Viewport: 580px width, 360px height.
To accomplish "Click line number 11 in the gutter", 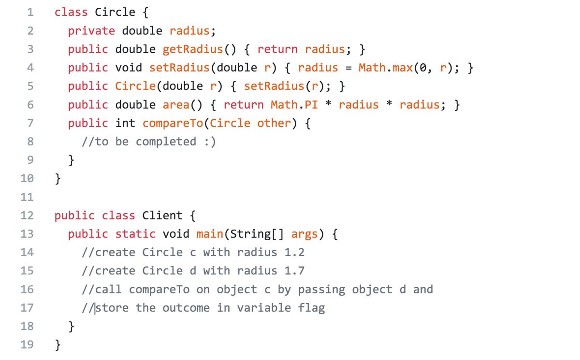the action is [x=27, y=197].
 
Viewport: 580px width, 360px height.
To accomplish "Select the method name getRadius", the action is [x=192, y=49].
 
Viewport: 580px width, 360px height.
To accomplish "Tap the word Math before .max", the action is [x=372, y=68].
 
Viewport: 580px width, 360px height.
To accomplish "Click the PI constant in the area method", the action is [x=311, y=105].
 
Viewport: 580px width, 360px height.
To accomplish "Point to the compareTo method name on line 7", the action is [x=173, y=123].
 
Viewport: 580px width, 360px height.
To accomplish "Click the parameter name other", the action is [x=274, y=123].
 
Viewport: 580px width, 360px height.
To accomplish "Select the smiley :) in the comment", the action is [x=210, y=142].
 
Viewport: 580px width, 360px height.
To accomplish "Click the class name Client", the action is [x=162, y=216].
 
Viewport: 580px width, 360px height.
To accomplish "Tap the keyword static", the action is [x=135, y=234].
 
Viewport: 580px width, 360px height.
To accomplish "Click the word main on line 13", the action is [x=210, y=234].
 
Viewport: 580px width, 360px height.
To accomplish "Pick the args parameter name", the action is [x=304, y=234].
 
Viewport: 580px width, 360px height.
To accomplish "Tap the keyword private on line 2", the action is [x=91, y=31].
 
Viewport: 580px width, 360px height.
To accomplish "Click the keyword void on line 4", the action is [x=129, y=68].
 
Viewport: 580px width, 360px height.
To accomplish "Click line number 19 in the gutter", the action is [x=27, y=345].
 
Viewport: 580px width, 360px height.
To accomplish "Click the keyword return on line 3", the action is [x=277, y=49].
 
